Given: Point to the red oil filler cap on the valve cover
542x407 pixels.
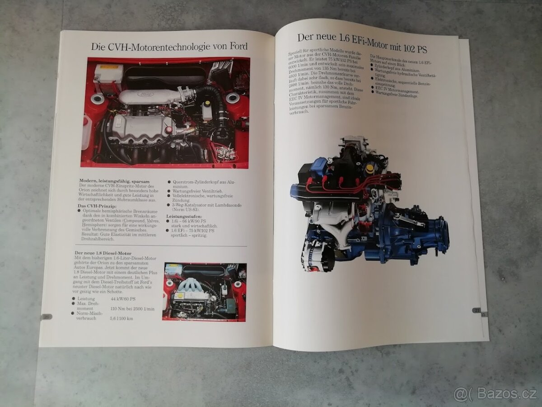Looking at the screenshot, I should (x=168, y=130).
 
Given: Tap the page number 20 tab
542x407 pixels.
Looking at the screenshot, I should (x=46, y=317).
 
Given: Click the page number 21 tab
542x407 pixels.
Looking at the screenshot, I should (x=476, y=310).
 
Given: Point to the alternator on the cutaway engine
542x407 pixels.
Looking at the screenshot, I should (x=317, y=256).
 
